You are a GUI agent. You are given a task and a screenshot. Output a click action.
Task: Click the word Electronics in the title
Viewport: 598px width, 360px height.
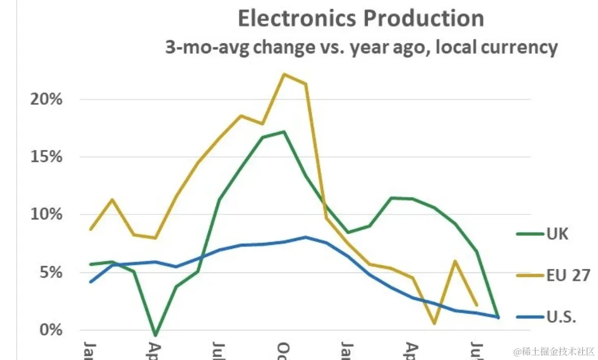[x=297, y=19]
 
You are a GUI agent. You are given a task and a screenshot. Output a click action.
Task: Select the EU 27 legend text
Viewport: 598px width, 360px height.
[x=568, y=276]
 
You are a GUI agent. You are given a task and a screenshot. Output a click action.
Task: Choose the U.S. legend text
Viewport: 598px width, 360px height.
[x=562, y=317]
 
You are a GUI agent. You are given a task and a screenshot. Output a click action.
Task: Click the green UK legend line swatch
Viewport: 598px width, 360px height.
[x=530, y=235]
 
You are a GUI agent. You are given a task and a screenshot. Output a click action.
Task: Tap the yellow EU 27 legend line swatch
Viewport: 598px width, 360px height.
[x=530, y=276]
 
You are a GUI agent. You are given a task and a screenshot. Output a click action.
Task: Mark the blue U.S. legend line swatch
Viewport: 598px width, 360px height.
[x=530, y=317]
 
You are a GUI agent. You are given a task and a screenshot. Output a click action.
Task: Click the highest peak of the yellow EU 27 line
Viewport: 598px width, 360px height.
[x=284, y=74]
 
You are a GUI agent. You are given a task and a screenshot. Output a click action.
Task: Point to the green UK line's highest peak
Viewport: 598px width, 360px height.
[x=284, y=132]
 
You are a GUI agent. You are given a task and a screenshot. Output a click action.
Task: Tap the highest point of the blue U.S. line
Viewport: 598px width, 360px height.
[x=305, y=237]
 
